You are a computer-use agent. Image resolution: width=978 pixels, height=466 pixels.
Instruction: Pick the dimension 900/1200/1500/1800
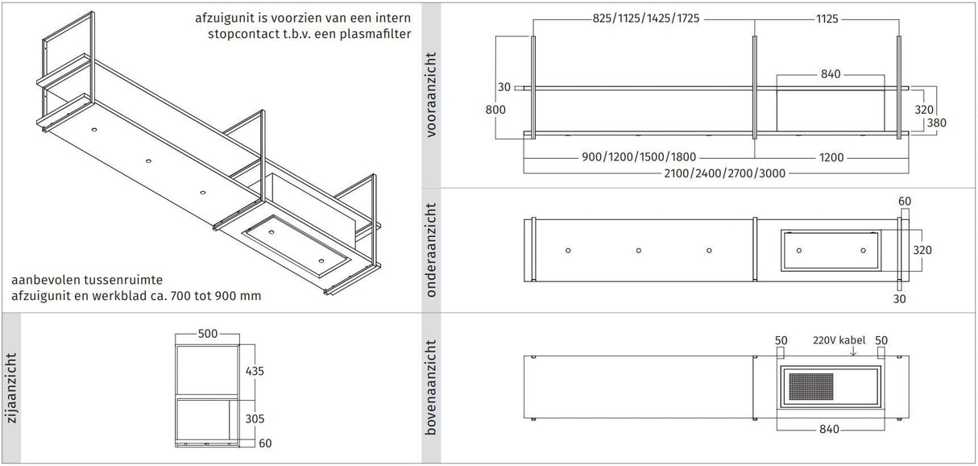[x=638, y=157]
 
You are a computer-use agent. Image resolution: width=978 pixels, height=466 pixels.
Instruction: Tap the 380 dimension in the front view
[x=936, y=123]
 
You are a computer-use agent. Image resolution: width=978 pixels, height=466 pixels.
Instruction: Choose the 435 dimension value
[x=254, y=371]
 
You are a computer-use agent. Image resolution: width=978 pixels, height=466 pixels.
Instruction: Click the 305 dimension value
[x=254, y=419]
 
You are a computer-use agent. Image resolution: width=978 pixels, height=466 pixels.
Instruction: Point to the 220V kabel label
[x=838, y=340]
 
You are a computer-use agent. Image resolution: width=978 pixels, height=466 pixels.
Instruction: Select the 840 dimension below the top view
[x=830, y=429]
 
